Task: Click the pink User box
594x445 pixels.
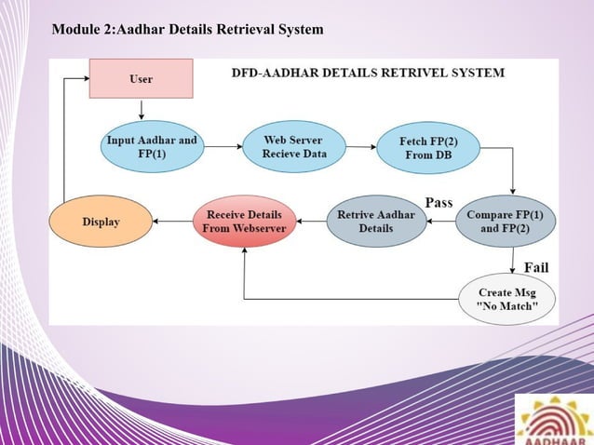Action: click(141, 79)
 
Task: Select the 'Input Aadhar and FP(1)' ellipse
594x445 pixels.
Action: click(153, 147)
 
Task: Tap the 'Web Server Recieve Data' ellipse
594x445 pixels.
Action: click(294, 147)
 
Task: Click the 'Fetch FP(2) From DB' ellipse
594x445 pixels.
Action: click(426, 148)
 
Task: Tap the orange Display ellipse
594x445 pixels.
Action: click(101, 222)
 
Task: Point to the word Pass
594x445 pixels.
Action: click(439, 202)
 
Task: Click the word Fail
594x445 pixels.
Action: click(535, 267)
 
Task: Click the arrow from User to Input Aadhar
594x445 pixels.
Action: click(141, 110)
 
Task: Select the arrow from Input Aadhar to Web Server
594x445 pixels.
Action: click(223, 147)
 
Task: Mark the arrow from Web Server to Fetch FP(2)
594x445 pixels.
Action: click(361, 147)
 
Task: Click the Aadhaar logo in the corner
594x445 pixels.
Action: click(554, 418)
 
